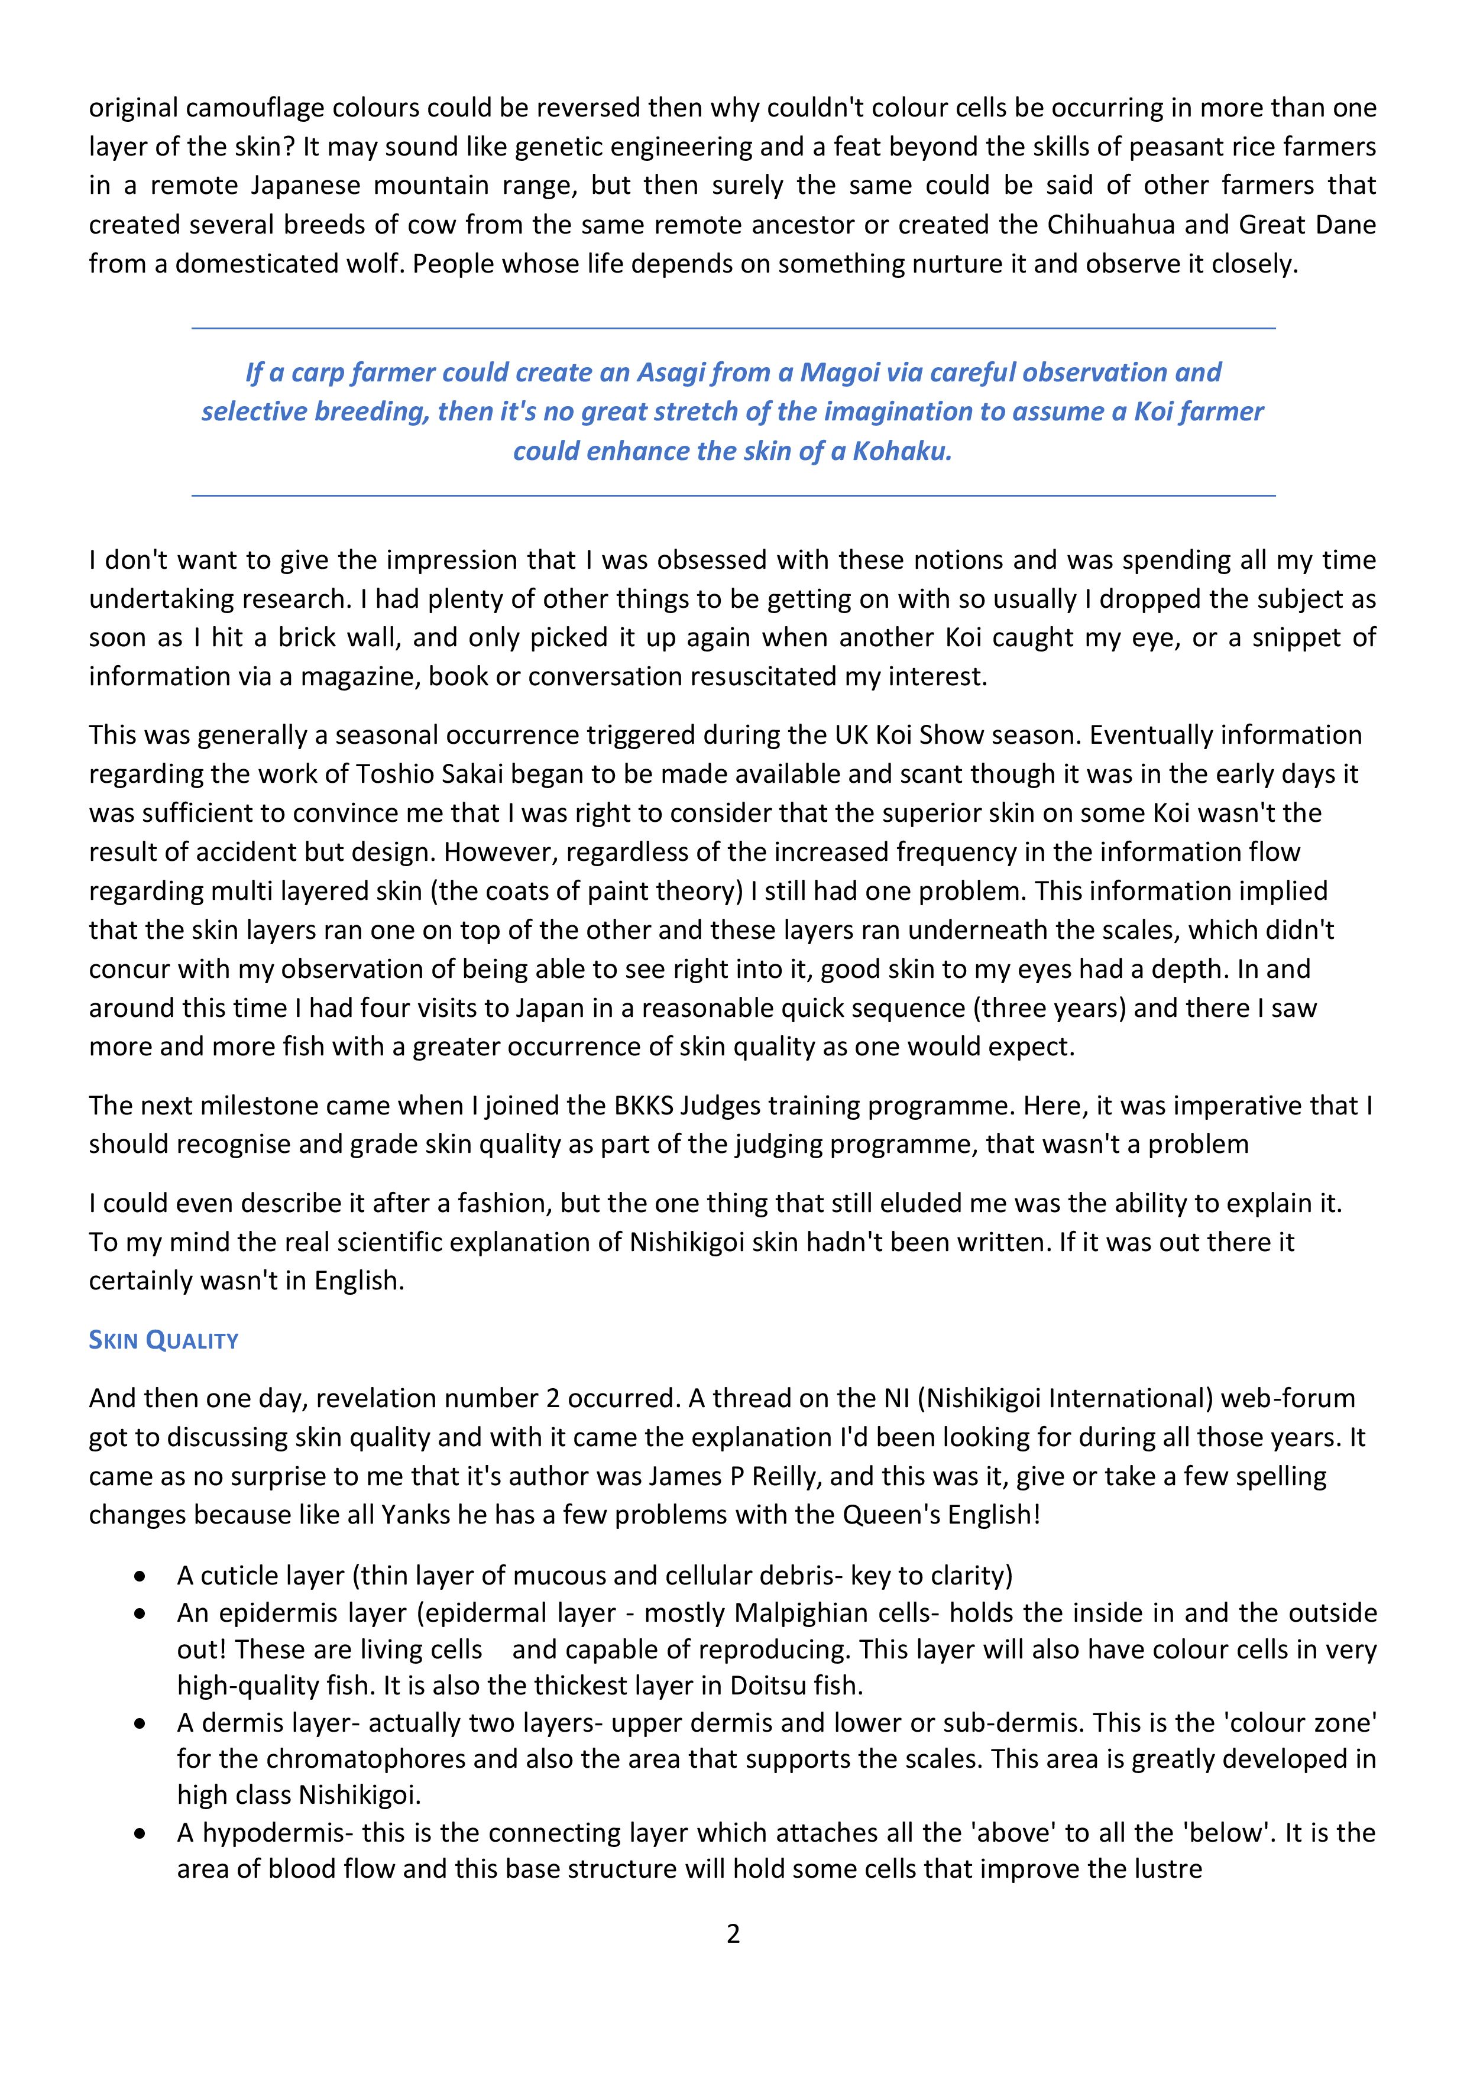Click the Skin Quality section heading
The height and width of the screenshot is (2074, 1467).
coord(164,1340)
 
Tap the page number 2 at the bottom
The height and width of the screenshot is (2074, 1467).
coord(733,1934)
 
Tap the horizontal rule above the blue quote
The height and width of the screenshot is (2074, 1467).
coord(733,328)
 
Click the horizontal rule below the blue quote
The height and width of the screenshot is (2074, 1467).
coord(733,495)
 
